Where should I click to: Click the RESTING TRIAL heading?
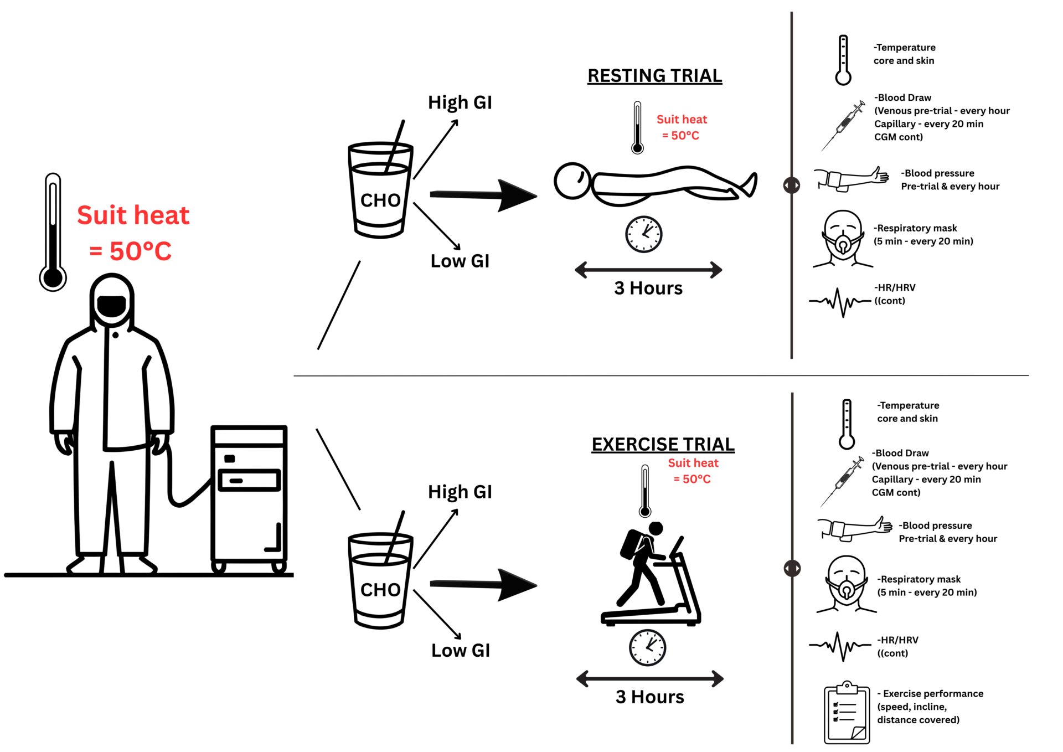coord(654,76)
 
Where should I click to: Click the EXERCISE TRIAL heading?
coord(663,444)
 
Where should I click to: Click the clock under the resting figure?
coord(643,234)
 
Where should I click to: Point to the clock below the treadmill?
coord(647,647)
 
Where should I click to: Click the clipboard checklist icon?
coord(847,713)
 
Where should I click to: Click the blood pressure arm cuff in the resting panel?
coord(850,179)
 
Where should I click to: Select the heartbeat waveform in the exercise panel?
coord(840,646)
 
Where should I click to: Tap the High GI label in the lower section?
coord(460,492)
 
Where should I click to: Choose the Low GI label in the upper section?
coord(460,261)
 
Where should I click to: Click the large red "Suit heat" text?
coord(133,215)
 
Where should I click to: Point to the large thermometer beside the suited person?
coord(53,233)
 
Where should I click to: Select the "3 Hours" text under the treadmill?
coord(649,697)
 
